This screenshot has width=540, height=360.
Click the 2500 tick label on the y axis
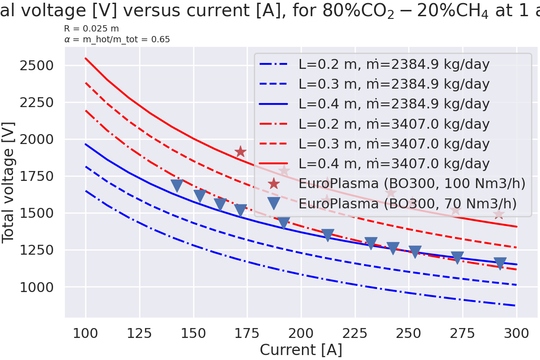click(37, 66)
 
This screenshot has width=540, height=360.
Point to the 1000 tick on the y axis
click(37, 287)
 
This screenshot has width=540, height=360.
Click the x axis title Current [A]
click(301, 350)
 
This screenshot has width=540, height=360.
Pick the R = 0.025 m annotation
click(92, 29)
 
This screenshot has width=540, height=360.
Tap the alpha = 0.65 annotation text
click(117, 40)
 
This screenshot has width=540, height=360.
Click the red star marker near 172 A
click(240, 152)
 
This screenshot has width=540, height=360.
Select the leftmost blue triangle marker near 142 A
click(177, 185)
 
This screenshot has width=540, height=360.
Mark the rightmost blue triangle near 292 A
click(499, 263)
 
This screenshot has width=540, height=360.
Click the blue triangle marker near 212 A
click(328, 235)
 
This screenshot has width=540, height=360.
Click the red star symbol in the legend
click(274, 184)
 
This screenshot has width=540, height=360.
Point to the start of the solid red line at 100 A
click(85, 58)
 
